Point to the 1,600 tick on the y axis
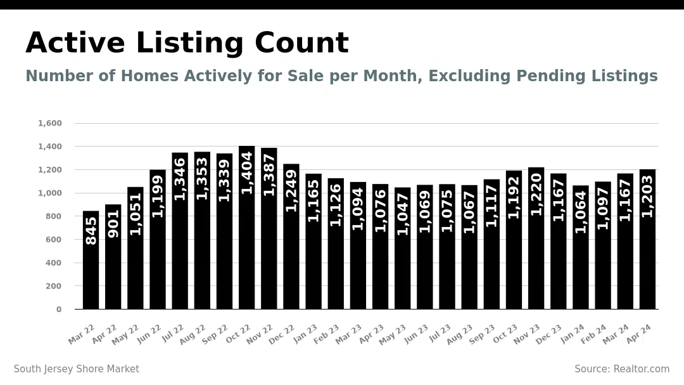50,123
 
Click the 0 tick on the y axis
59,310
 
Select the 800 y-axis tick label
53,216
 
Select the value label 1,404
246,173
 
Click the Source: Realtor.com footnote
621,369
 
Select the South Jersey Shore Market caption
77,369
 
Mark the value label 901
113,224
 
